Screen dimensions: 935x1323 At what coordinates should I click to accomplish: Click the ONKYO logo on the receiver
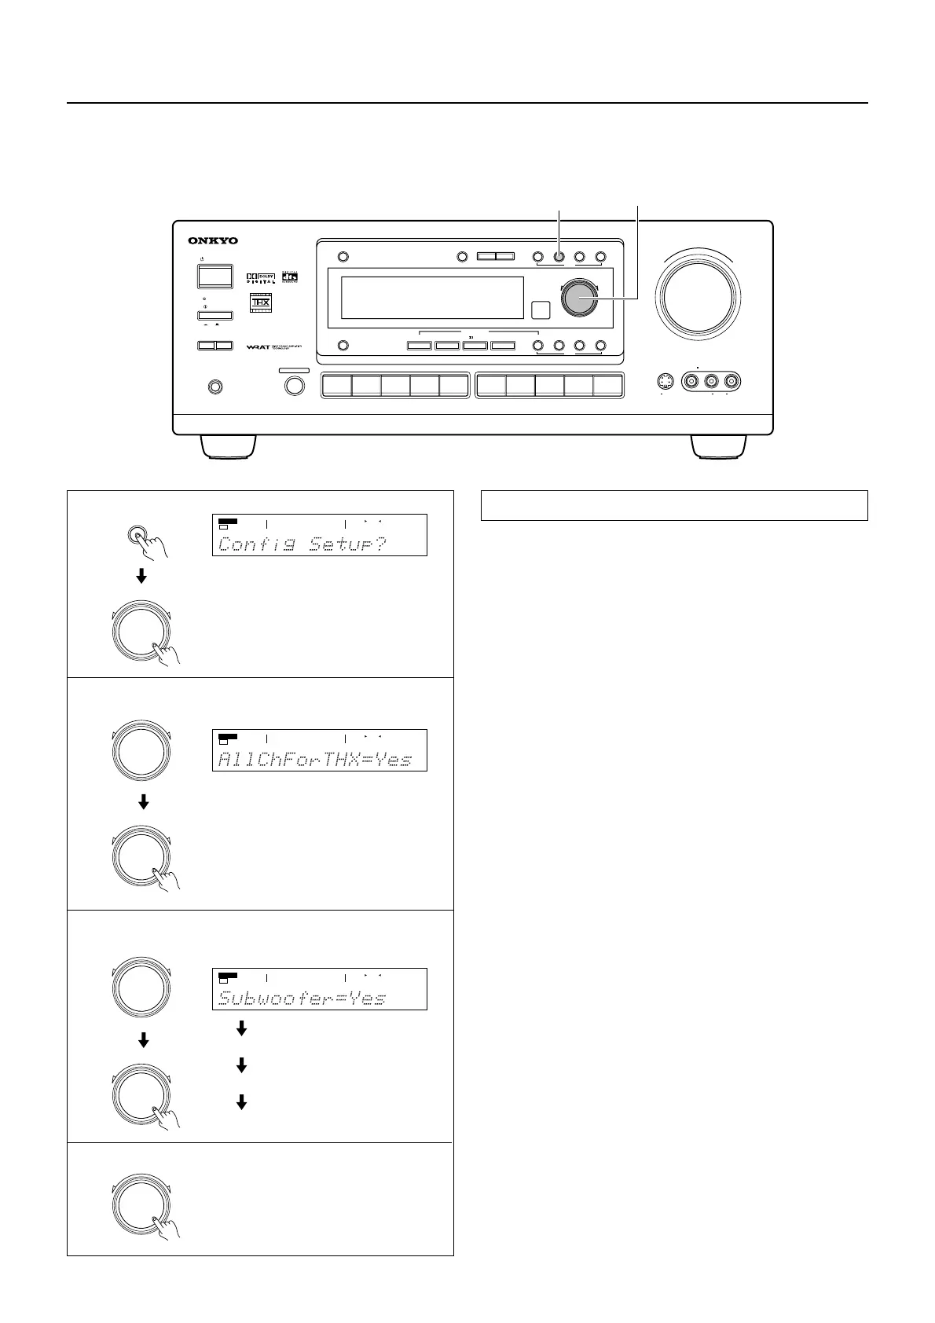(x=213, y=240)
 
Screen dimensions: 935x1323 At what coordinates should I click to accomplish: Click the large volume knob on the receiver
(x=699, y=294)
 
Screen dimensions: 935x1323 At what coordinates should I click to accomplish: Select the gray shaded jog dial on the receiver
(x=579, y=299)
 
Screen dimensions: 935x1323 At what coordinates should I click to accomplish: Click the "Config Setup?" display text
(x=302, y=544)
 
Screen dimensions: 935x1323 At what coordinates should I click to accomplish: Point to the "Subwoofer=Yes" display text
(x=302, y=998)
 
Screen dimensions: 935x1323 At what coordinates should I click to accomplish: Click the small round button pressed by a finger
(x=139, y=535)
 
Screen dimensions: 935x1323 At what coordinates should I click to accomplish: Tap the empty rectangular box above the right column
(x=673, y=505)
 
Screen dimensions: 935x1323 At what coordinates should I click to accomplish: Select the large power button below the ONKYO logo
(x=214, y=276)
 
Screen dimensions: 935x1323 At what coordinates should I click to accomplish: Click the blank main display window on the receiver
(x=432, y=298)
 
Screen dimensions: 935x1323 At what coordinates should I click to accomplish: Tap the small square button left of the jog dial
(x=540, y=310)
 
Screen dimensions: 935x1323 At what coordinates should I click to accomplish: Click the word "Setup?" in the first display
(x=348, y=544)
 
